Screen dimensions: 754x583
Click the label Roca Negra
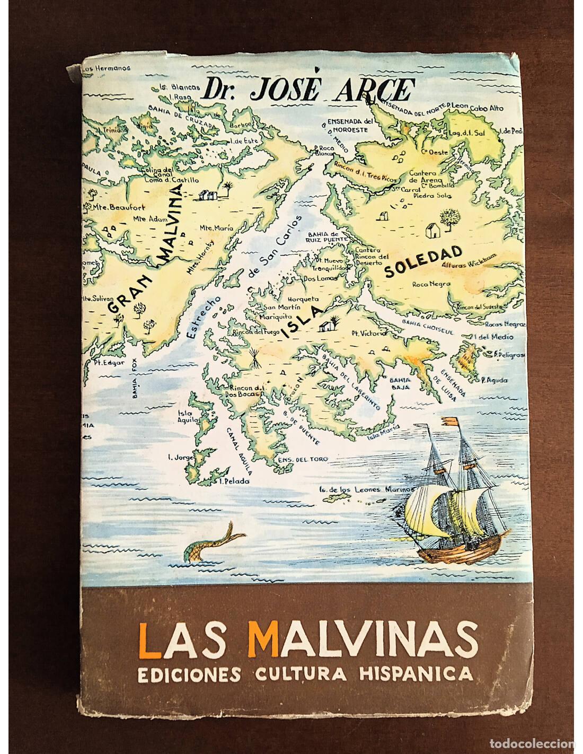tap(431, 284)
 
